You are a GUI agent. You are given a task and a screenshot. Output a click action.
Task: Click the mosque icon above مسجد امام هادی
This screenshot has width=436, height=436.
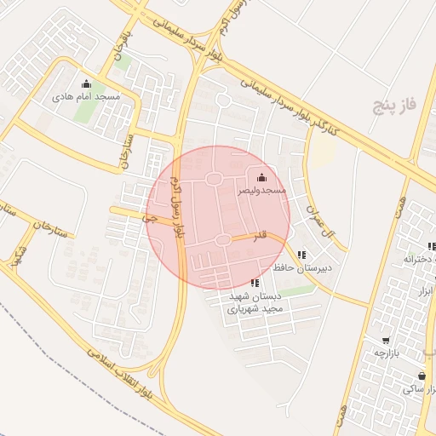point(85,83)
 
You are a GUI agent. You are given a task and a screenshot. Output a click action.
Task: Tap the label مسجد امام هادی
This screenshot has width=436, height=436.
point(86,97)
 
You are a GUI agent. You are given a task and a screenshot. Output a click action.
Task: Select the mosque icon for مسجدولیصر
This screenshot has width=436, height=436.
point(261,177)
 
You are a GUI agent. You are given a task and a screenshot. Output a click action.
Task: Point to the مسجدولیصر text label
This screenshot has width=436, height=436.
point(261,191)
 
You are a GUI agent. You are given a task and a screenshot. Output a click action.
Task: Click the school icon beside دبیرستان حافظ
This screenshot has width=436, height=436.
point(301,254)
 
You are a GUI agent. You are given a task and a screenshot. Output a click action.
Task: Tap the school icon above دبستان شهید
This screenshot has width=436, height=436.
point(255,283)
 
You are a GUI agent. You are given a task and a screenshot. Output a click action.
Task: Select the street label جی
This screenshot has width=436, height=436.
point(152,219)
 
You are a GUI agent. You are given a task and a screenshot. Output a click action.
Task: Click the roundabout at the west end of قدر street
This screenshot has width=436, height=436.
point(223,240)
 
